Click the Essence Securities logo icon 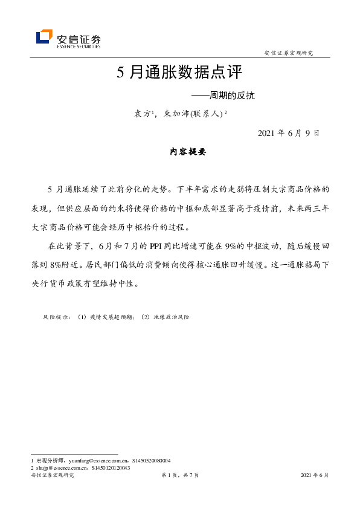(x=44, y=37)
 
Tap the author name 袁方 (x=142, y=114)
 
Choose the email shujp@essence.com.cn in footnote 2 (x=60, y=468)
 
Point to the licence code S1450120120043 (x=111, y=468)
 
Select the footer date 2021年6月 (x=314, y=476)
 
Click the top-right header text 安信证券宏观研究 (x=289, y=53)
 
